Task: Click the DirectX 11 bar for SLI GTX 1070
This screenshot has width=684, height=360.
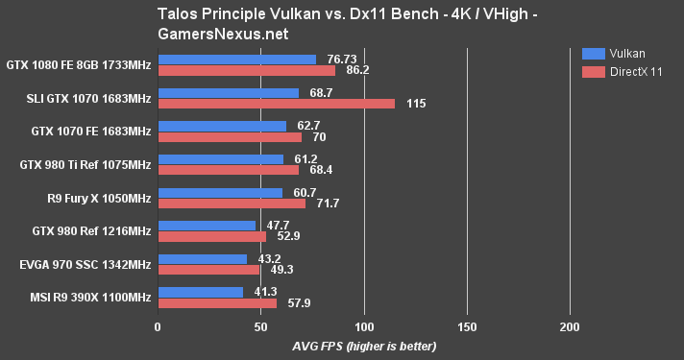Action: [x=276, y=104]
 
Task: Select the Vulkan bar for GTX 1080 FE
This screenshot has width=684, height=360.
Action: [x=236, y=60]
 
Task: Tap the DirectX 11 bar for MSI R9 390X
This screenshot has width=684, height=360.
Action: [x=217, y=303]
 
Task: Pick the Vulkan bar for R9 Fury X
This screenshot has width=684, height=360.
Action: [x=220, y=192]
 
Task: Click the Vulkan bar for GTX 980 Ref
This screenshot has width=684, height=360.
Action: [x=207, y=226]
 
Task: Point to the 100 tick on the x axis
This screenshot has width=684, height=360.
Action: [x=364, y=327]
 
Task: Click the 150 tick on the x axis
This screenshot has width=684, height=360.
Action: [x=467, y=327]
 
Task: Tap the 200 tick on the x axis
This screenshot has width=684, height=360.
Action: [x=570, y=327]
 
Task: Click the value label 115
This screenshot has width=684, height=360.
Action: [x=417, y=104]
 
